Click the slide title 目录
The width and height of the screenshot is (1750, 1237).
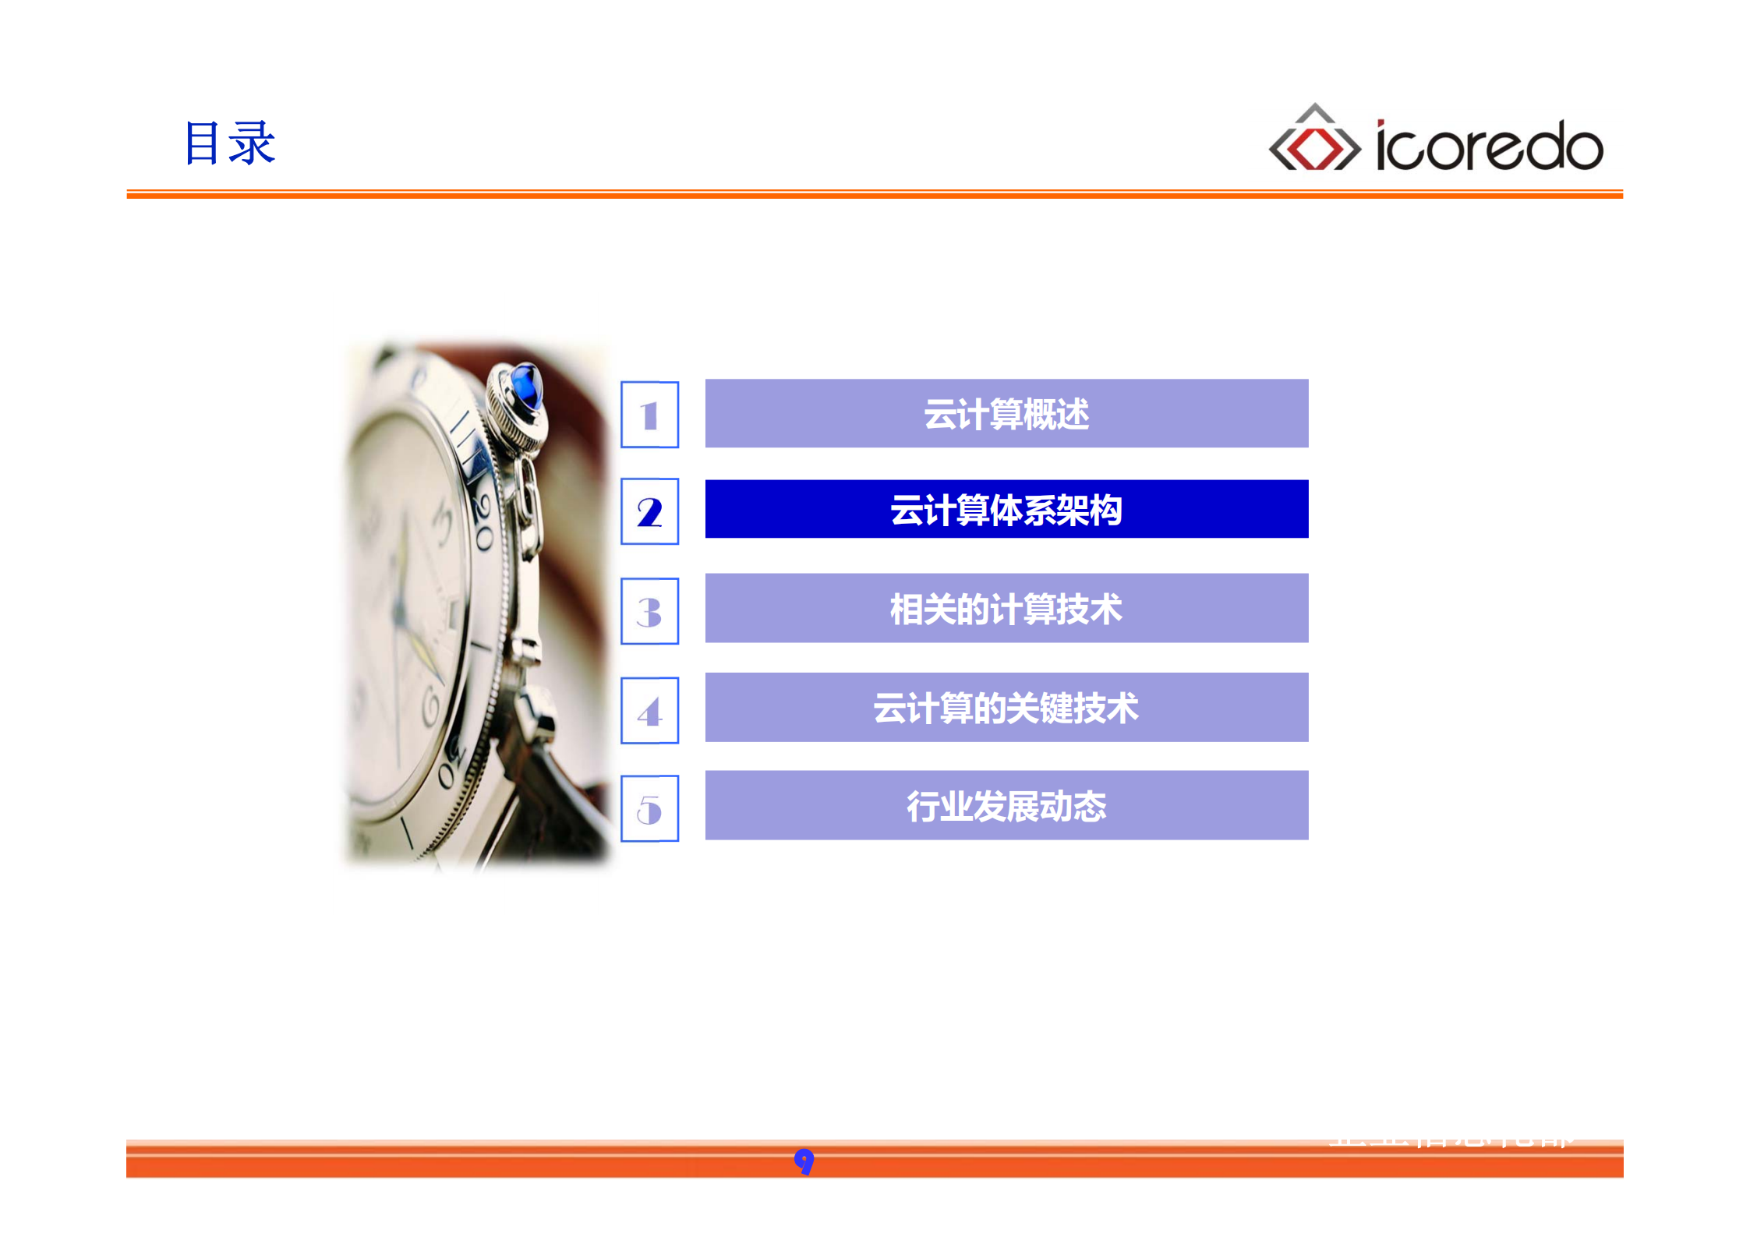[x=229, y=143]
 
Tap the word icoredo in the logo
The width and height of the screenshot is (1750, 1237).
[x=1489, y=147]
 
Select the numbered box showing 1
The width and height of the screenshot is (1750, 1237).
[x=649, y=415]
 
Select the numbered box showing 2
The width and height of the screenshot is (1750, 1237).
[x=649, y=511]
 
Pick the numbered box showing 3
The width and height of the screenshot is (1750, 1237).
[x=649, y=611]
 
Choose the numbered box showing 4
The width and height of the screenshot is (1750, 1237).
[x=649, y=710]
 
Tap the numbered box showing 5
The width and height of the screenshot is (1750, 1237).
[x=649, y=808]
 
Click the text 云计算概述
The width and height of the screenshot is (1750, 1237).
[x=1006, y=414]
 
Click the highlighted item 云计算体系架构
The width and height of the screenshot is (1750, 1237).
[x=1006, y=511]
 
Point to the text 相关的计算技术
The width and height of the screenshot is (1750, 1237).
[x=1006, y=609]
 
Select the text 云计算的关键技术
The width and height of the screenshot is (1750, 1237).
[x=1006, y=708]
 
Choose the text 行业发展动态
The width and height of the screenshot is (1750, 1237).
[x=1006, y=806]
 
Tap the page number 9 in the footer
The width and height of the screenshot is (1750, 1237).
[x=804, y=1161]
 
